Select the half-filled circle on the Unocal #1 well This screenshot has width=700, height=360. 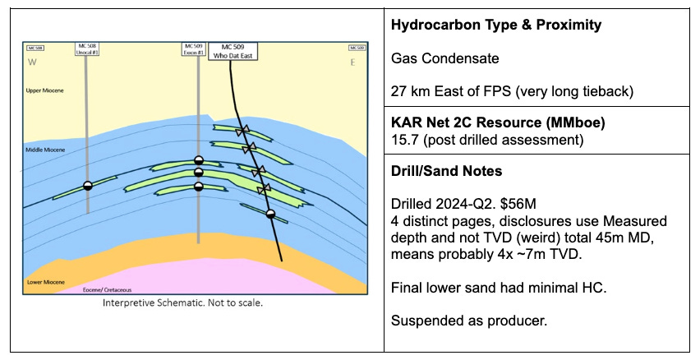click(x=88, y=186)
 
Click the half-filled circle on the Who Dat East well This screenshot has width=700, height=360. click(x=270, y=215)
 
